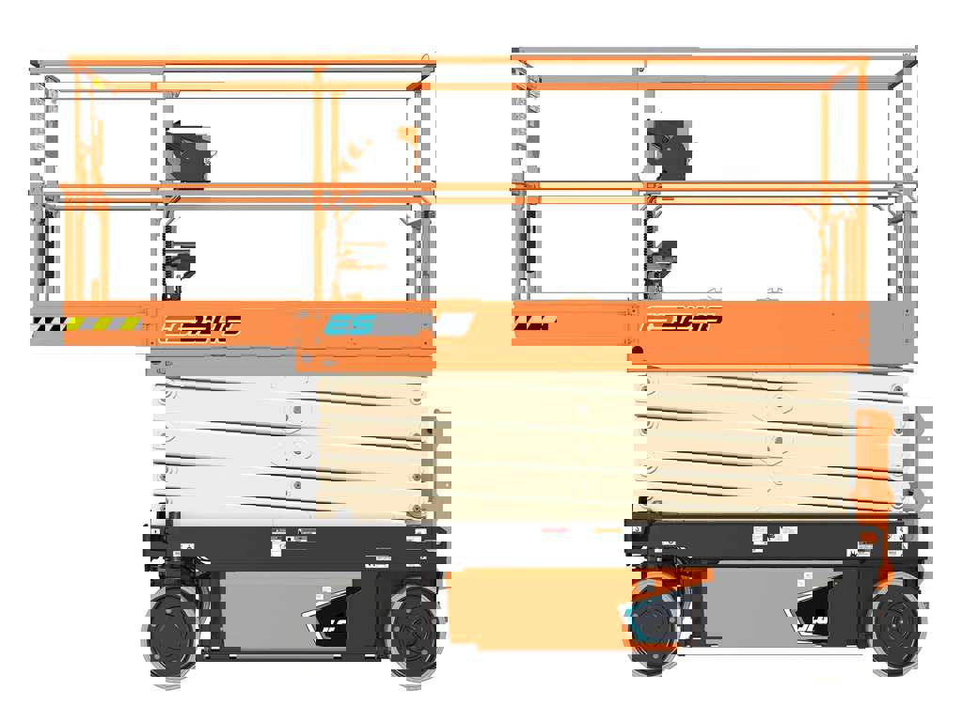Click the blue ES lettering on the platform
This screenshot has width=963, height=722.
[350, 325]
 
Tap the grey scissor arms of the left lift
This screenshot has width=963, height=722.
[235, 442]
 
